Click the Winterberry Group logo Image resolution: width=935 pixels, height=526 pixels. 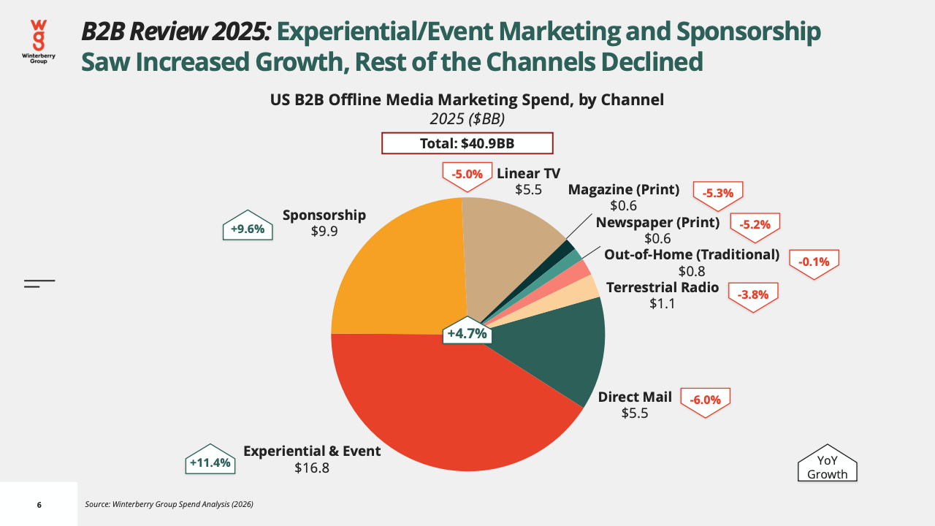pyautogui.click(x=39, y=42)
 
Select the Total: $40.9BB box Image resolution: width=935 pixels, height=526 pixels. pyautogui.click(x=467, y=143)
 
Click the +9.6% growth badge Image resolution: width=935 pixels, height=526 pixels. pyautogui.click(x=248, y=226)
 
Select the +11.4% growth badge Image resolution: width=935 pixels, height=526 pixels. pyautogui.click(x=210, y=460)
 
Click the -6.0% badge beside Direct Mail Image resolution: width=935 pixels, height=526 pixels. pyautogui.click(x=706, y=400)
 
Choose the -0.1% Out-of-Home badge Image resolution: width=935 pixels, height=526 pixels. pyautogui.click(x=814, y=262)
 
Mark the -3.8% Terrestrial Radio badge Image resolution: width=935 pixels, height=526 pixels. pyautogui.click(x=753, y=295)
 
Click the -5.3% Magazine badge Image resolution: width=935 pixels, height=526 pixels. pyautogui.click(x=718, y=194)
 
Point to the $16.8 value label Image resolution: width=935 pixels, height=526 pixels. pyautogui.click(x=312, y=468)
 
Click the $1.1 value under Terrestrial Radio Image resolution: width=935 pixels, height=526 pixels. pyautogui.click(x=662, y=303)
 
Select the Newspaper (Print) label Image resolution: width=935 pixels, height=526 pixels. pyautogui.click(x=657, y=223)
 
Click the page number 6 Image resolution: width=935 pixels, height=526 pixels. pyautogui.click(x=39, y=505)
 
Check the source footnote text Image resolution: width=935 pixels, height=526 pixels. pyautogui.click(x=169, y=504)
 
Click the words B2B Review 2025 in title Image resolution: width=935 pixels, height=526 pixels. pyautogui.click(x=176, y=31)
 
